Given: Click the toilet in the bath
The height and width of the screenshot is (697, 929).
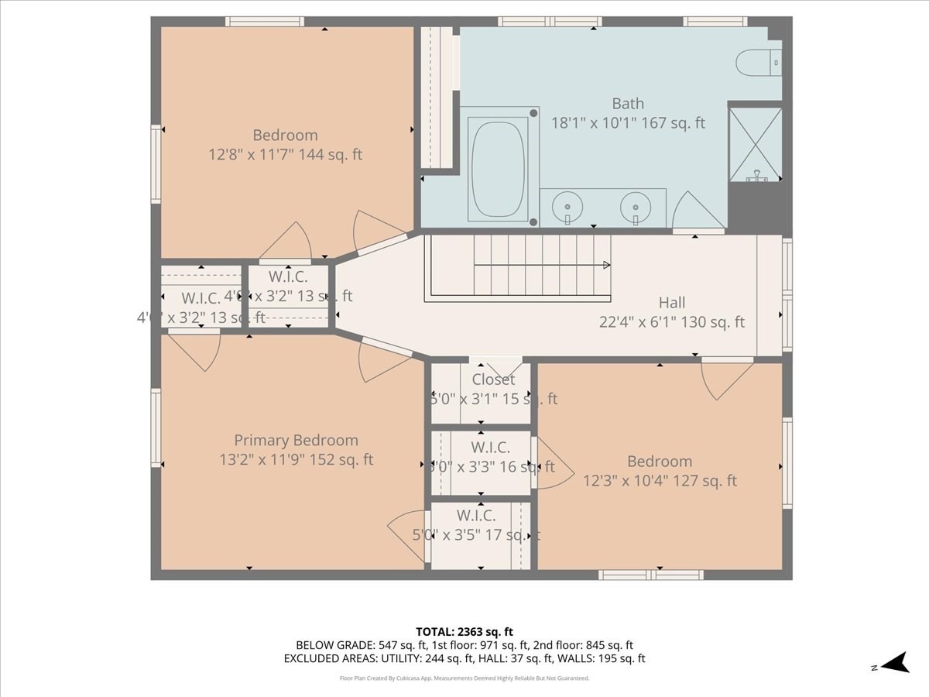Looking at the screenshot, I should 758,62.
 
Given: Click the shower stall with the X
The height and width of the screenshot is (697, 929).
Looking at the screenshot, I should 755,143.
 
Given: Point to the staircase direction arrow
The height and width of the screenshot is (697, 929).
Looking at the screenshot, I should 606,265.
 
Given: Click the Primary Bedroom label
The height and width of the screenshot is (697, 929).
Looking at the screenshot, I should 296,441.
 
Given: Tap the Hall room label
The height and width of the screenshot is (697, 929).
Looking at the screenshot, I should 672,303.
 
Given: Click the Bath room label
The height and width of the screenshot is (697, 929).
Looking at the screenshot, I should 628,104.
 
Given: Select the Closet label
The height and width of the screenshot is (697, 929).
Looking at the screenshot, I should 493,380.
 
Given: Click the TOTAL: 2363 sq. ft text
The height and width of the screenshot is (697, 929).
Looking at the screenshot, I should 464,631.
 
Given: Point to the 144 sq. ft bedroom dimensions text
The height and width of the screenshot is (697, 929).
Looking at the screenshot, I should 286,155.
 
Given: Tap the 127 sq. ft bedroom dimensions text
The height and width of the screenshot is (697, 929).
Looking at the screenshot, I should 660,481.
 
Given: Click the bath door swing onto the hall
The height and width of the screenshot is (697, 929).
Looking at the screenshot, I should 697,213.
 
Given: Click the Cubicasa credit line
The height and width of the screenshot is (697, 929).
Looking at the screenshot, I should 464,678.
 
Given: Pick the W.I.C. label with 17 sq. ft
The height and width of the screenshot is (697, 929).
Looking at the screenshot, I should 475,516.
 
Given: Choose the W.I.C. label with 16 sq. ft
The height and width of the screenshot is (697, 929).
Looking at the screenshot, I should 490,448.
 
